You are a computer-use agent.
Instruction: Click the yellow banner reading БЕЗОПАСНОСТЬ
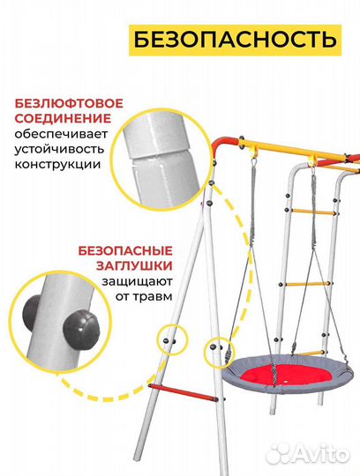235,40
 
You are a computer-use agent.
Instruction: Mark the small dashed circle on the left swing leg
171,338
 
